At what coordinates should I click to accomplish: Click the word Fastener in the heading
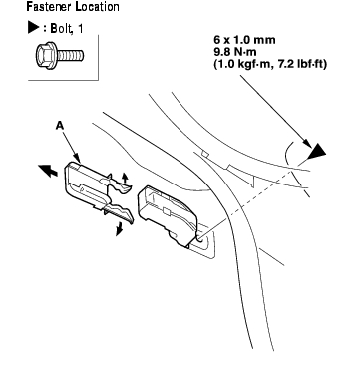[50, 6]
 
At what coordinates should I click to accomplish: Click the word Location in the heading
[97, 6]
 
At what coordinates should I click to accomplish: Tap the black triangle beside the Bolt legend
[34, 28]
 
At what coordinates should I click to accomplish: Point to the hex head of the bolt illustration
[45, 55]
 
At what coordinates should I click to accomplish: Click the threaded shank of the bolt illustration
[70, 55]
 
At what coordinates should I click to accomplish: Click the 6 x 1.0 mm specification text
[244, 40]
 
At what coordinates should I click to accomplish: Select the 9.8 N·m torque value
[237, 52]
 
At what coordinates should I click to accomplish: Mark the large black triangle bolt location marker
[316, 151]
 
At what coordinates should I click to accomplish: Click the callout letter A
[60, 125]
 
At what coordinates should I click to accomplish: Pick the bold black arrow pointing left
[48, 171]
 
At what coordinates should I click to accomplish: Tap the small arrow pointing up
[125, 178]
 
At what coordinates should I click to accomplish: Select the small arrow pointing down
[119, 229]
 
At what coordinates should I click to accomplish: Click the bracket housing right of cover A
[167, 214]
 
